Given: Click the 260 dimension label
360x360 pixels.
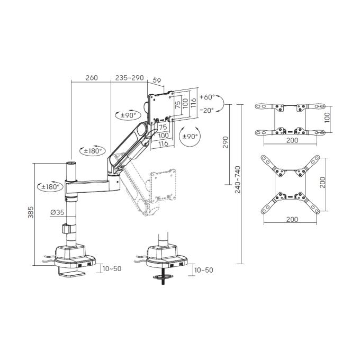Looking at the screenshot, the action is [x=92, y=78].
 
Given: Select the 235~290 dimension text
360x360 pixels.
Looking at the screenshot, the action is [x=130, y=78].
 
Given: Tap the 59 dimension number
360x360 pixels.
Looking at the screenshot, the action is [x=157, y=80].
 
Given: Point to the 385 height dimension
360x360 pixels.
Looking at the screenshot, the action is [x=31, y=212].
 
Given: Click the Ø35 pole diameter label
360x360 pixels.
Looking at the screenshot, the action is [x=57, y=212].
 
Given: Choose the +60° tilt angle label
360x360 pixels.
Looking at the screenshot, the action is [x=207, y=97].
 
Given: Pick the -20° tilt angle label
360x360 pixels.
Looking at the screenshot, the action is [x=207, y=110].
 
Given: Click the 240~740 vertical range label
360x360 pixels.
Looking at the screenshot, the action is [x=238, y=179].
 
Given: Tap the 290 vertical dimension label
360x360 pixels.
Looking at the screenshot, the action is [x=226, y=142].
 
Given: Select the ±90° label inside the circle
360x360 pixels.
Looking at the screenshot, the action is [x=190, y=137].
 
